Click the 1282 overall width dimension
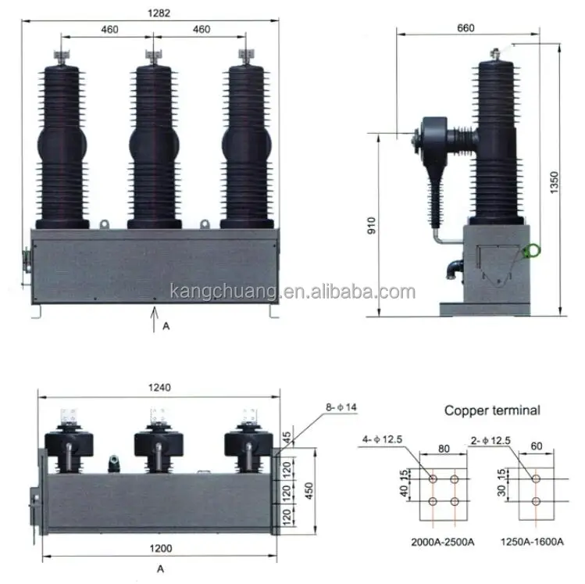click(159, 13)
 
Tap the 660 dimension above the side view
click(466, 28)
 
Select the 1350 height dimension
click(555, 182)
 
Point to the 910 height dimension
click(372, 225)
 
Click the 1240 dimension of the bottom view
click(159, 388)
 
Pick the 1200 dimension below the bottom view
click(161, 549)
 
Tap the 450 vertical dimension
click(309, 491)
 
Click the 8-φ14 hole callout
click(341, 407)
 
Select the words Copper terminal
click(492, 410)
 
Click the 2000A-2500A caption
click(443, 542)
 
